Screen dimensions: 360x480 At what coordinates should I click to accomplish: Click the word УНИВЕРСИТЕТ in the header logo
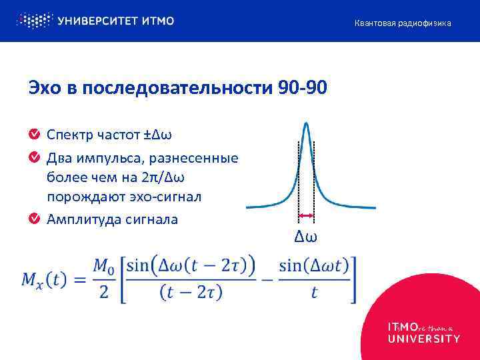[x=99, y=21]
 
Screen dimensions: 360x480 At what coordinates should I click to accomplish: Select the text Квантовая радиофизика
[x=402, y=23]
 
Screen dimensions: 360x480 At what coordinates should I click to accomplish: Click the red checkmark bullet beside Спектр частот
[x=35, y=135]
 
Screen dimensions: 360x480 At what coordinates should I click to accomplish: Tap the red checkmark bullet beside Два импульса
[x=35, y=158]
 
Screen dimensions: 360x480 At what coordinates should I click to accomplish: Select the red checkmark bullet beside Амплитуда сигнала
[x=35, y=219]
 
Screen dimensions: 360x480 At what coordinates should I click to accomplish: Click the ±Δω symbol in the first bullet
[x=158, y=135]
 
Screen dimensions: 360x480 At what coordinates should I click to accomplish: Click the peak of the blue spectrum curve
[x=305, y=125]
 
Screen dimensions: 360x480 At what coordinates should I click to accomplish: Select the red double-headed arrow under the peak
[x=306, y=215]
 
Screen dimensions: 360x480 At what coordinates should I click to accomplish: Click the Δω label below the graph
[x=306, y=236]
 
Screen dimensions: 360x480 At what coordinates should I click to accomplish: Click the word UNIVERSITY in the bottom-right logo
[x=424, y=339]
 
